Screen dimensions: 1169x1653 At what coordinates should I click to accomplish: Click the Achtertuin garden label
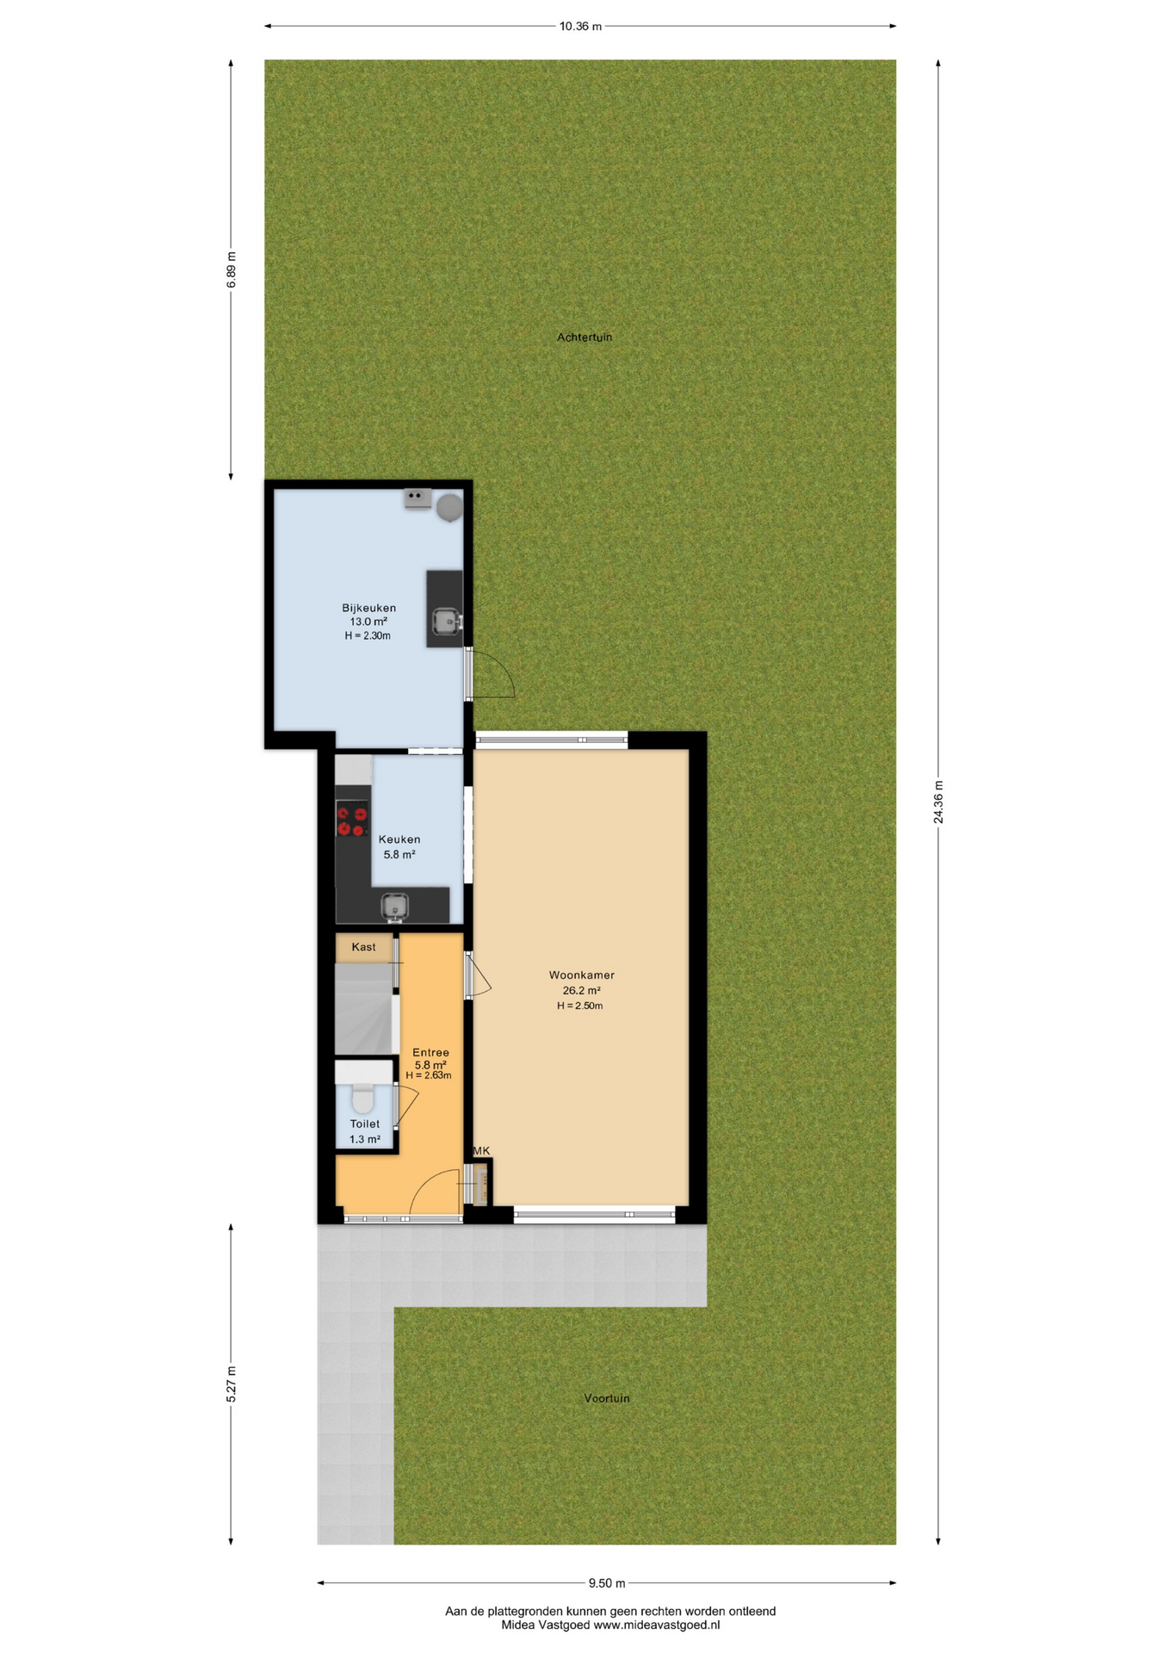point(584,337)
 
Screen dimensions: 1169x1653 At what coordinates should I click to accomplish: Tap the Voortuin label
point(607,1399)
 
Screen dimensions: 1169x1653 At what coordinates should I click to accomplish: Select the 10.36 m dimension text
point(580,26)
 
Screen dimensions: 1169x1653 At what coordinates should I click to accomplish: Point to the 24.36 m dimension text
point(938,802)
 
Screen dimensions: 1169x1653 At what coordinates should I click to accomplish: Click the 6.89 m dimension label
point(231,271)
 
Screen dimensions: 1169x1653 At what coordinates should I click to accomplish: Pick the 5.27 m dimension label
point(231,1384)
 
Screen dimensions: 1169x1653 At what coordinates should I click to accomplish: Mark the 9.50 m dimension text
point(607,1583)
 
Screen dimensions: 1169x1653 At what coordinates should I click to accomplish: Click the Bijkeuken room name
point(368,608)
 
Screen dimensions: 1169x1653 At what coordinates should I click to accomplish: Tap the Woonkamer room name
point(582,975)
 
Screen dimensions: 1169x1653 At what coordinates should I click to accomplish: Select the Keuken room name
point(399,839)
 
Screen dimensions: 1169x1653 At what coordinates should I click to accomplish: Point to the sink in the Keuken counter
point(394,907)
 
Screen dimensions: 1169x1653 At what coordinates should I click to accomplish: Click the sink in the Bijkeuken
point(446,620)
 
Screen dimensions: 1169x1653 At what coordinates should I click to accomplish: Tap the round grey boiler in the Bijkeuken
point(449,508)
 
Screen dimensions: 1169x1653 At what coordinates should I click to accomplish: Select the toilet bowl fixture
point(362,1099)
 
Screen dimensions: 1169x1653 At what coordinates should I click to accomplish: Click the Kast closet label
point(363,947)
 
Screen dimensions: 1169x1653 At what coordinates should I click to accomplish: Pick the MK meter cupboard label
point(481,1151)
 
